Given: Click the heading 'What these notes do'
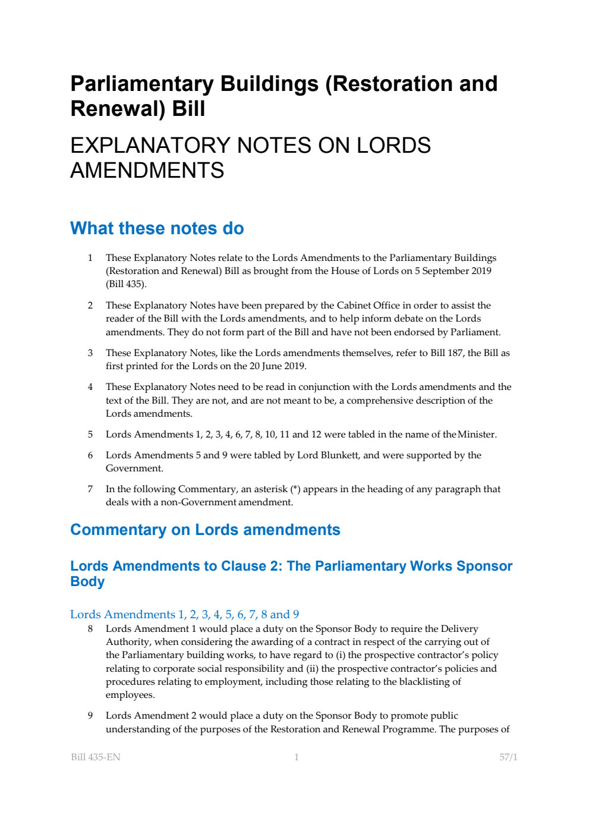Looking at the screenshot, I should (157, 228).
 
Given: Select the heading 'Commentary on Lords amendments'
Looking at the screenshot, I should (205, 530).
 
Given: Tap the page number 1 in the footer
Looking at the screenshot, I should (297, 757).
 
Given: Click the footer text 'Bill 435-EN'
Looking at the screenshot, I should (96, 757).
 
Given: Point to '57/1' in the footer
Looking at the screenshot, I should (508, 757).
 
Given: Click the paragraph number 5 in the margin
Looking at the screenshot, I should (90, 435).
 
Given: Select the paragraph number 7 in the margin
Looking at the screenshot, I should (90, 489).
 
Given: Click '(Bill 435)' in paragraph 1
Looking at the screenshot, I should (126, 284).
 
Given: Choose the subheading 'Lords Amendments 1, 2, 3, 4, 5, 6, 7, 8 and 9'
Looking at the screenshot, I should (184, 614).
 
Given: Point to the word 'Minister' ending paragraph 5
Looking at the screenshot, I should (476, 435).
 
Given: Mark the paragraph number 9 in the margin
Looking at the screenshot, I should (90, 716).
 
